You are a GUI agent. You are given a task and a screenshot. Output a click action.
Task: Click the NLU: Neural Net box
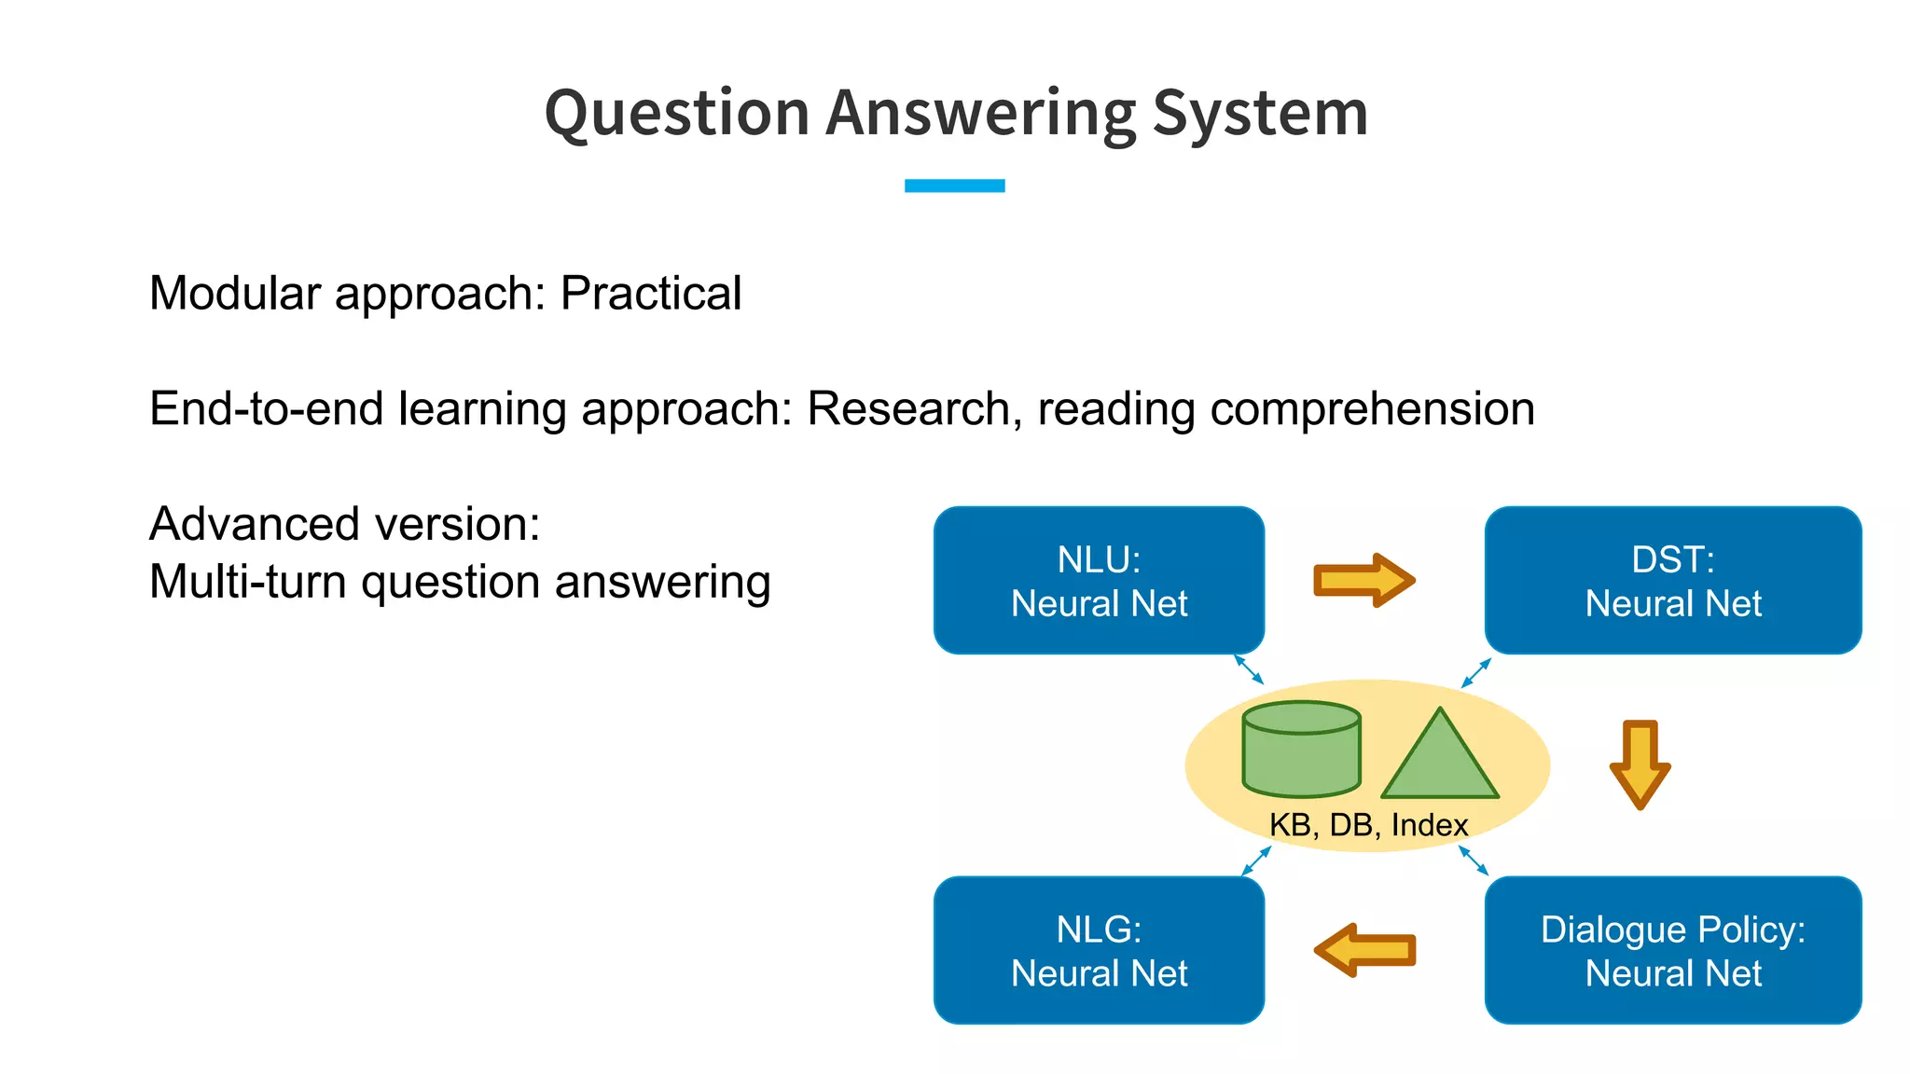[1099, 580]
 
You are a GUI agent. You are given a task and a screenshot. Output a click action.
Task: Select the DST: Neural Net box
[1672, 580]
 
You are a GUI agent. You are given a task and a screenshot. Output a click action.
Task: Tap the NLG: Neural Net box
[1099, 950]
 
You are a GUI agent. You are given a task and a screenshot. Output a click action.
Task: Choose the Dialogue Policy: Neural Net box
[1672, 950]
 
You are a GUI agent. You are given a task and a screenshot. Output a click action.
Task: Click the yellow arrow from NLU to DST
[1363, 580]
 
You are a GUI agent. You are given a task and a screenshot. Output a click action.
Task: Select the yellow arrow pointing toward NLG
[1364, 950]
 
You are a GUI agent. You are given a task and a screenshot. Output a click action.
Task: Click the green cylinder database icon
[1301, 750]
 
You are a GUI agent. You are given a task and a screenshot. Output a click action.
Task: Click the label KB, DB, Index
[1368, 825]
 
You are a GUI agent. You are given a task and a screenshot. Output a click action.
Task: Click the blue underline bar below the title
[954, 186]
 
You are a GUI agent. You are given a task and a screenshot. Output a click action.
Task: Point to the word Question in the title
[677, 114]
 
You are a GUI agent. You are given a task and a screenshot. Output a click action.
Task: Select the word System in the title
[1260, 114]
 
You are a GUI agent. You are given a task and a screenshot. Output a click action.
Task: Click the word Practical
[650, 294]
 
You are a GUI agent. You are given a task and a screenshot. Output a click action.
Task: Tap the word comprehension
[1372, 409]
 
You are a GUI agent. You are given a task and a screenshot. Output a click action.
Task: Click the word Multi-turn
[248, 582]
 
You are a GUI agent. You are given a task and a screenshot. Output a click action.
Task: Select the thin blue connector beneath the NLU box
[1249, 669]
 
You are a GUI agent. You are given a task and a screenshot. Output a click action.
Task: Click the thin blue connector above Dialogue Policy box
[1474, 861]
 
